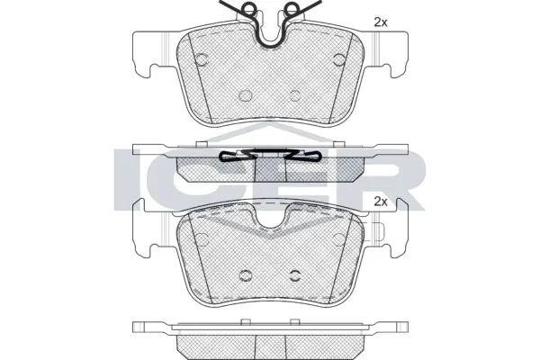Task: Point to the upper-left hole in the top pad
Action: pyautogui.click(x=202, y=58)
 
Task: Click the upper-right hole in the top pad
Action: pyautogui.click(x=339, y=58)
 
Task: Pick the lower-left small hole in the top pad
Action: pyautogui.click(x=245, y=93)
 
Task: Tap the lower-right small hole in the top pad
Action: pyautogui.click(x=295, y=93)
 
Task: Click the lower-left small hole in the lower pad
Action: pyautogui.click(x=245, y=274)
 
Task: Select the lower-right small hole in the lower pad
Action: pyautogui.click(x=295, y=274)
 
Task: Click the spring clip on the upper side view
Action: pyautogui.click(x=271, y=155)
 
